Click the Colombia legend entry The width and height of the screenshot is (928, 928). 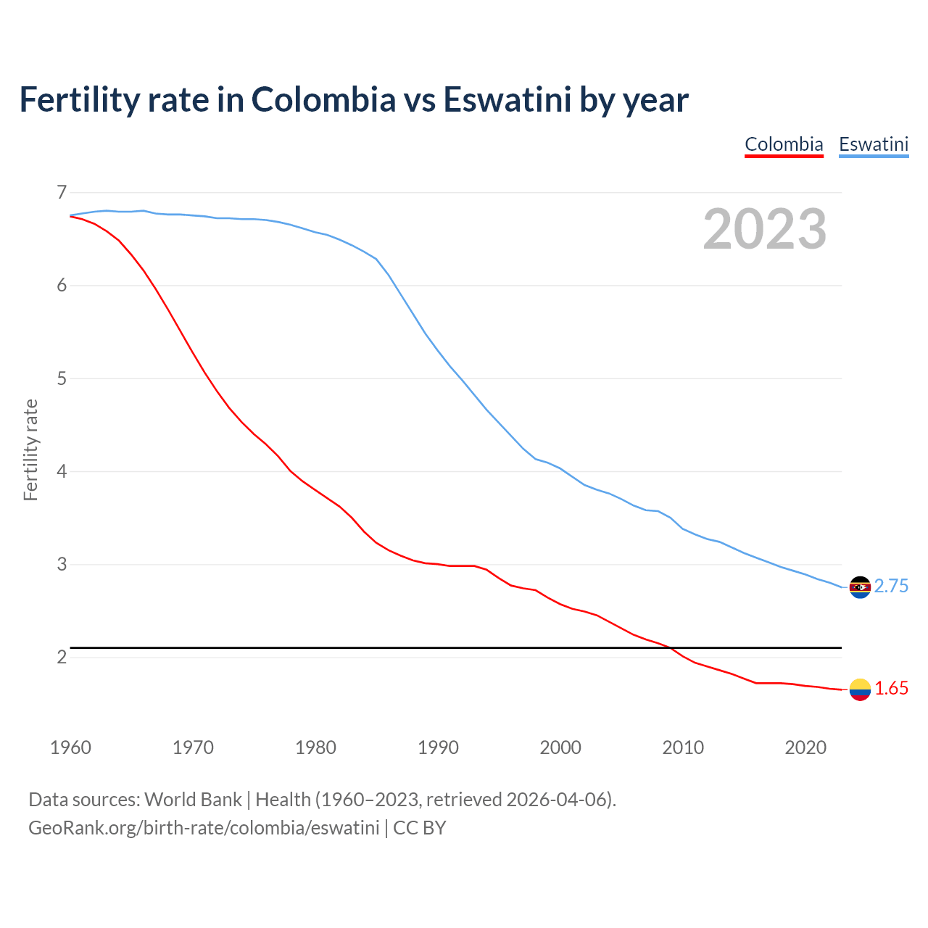(x=784, y=144)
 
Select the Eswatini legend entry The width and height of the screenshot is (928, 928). (x=873, y=144)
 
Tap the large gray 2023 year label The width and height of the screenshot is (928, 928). (x=764, y=229)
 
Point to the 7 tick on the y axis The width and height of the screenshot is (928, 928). (x=62, y=192)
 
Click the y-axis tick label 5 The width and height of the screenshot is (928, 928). (x=62, y=378)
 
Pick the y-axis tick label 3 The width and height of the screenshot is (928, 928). (x=62, y=564)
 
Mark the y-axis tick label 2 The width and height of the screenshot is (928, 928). (x=62, y=657)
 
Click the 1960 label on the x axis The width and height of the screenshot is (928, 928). (x=70, y=747)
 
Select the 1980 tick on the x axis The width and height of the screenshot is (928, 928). (x=315, y=747)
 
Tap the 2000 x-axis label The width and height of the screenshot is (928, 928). (x=560, y=747)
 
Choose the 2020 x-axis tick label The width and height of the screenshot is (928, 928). (x=805, y=747)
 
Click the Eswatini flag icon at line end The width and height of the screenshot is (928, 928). (x=860, y=587)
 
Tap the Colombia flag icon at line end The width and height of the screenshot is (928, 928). (x=860, y=689)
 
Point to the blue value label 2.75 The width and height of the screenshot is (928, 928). (x=891, y=587)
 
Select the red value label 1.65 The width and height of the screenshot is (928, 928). (x=891, y=689)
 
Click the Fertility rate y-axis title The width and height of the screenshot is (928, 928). (x=30, y=449)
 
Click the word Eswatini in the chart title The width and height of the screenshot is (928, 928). (x=507, y=100)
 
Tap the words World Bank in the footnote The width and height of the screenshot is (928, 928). (x=193, y=800)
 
